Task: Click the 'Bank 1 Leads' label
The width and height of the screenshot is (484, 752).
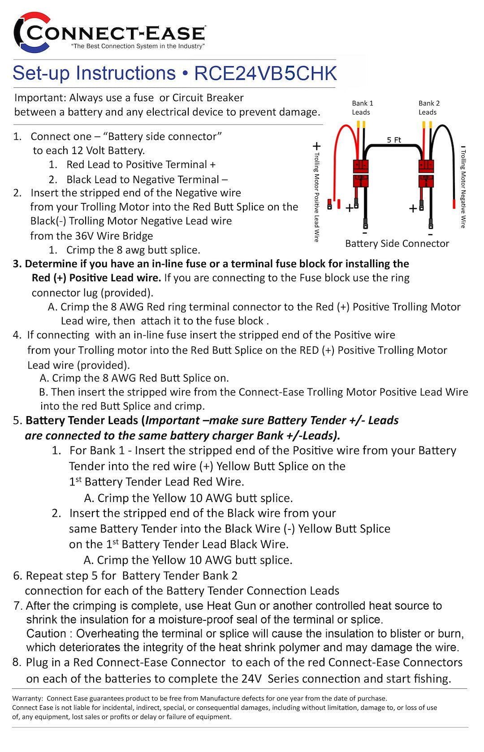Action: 362,107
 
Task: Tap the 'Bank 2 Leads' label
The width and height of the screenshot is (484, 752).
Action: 429,107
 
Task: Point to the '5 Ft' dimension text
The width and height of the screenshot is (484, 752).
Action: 394,140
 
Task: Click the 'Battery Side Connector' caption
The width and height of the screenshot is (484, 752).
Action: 397,244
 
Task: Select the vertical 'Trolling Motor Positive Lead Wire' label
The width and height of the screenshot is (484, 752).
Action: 316,197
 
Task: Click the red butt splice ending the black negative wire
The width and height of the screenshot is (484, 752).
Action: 454,205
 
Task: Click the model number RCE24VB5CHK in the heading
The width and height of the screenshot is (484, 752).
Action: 265,73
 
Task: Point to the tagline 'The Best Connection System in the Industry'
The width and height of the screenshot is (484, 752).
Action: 138,46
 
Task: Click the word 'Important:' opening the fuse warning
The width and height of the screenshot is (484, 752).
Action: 40,98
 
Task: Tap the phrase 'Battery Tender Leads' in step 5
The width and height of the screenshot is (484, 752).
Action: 82,421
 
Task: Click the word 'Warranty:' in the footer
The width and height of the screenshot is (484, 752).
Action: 28,698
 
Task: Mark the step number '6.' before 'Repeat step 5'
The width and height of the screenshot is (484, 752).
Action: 17,576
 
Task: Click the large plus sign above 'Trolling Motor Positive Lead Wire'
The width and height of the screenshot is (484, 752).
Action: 316,146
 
